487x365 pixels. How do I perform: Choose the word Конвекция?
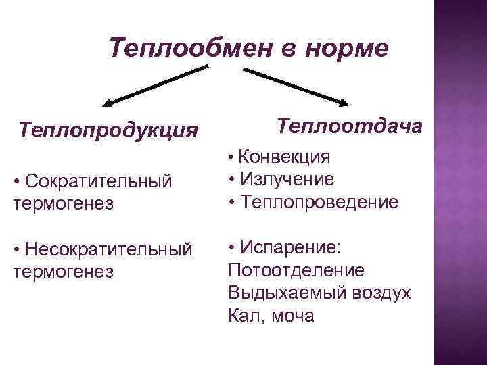pyautogui.click(x=285, y=157)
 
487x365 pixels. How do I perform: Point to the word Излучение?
pyautogui.click(x=286, y=179)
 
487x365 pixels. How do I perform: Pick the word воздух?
pyautogui.click(x=378, y=293)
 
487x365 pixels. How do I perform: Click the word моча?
pyautogui.click(x=292, y=316)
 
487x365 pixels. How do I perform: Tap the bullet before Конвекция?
pyautogui.click(x=231, y=158)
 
